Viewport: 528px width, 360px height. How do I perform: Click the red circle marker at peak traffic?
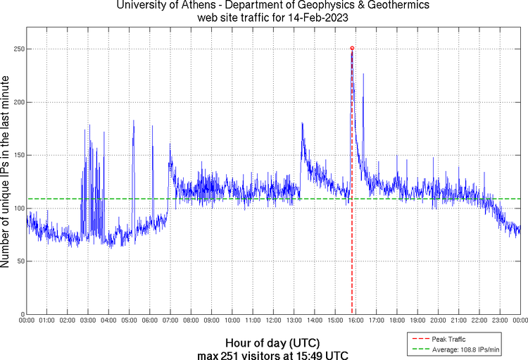352,48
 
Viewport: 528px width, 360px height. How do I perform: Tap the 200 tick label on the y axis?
18,102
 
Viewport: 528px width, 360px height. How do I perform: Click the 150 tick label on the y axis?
18,155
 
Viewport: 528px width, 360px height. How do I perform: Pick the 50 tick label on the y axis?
20,261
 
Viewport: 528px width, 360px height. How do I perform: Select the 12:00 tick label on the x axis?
273,321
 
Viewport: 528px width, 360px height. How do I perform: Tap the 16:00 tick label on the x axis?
356,321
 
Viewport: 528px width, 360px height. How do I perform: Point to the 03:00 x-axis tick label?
88,321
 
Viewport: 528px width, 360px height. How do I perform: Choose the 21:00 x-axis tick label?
458,321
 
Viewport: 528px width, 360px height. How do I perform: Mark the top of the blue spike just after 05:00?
133,120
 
